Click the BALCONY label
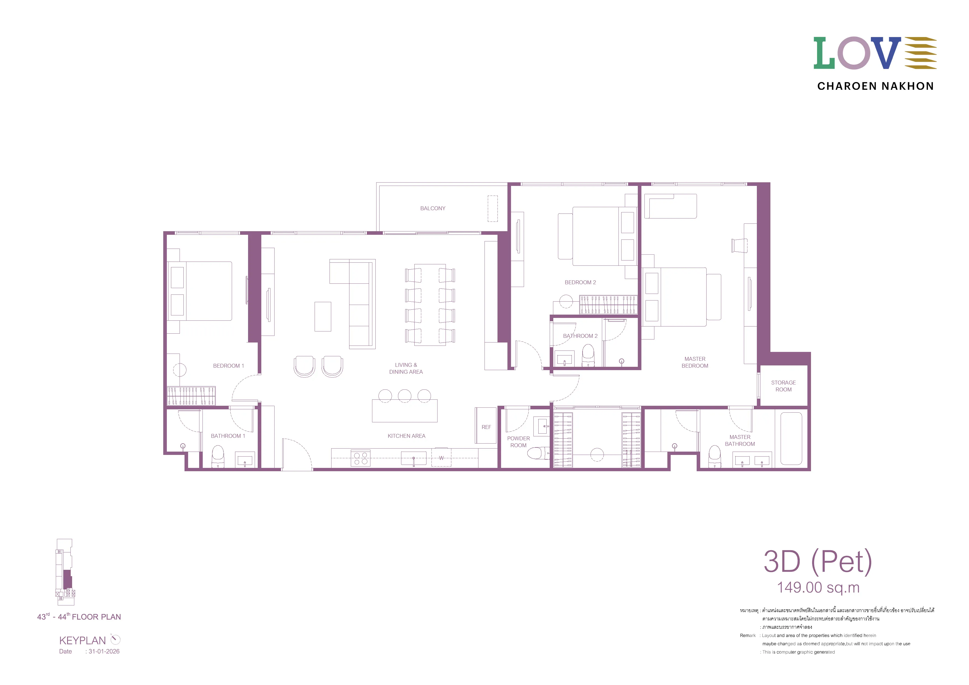tap(433, 209)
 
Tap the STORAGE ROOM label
tap(783, 386)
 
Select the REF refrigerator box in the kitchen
tap(486, 425)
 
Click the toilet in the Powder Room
tap(539, 453)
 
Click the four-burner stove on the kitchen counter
tap(360, 458)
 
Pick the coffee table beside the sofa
tap(323, 317)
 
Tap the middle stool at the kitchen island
tap(404, 396)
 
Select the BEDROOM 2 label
tap(580, 282)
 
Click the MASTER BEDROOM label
tap(695, 362)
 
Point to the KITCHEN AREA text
tap(406, 436)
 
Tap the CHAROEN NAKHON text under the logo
tap(875, 86)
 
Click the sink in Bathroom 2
tap(564, 359)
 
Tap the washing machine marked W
tap(441, 457)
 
